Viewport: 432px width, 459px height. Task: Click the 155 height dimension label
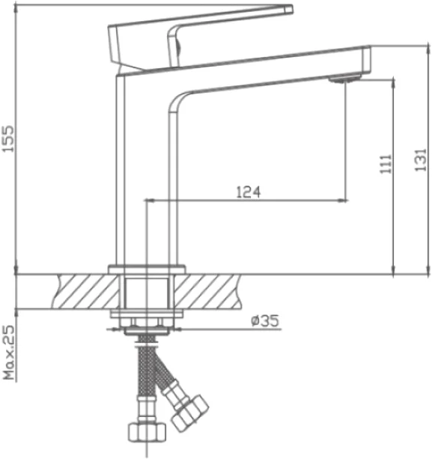(x=8, y=139)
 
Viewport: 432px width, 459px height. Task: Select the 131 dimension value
(x=420, y=160)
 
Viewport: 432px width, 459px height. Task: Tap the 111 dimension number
(x=386, y=164)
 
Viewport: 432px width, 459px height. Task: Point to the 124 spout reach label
(x=248, y=192)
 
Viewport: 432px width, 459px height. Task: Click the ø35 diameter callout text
(x=265, y=321)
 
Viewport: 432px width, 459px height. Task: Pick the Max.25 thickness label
(x=8, y=353)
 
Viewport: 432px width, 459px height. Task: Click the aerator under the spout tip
(x=344, y=79)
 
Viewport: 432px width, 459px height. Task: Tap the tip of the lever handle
(x=289, y=9)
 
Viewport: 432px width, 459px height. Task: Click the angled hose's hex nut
(x=189, y=413)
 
